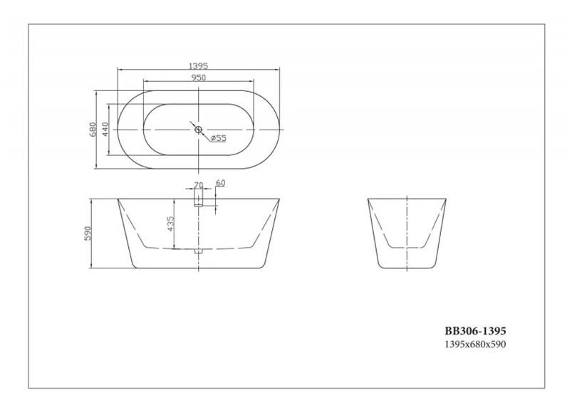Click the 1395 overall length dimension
(199, 65)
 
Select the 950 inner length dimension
(199, 78)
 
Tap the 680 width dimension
(93, 130)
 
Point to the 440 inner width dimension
(105, 130)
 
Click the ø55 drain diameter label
(218, 139)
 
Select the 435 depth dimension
(170, 224)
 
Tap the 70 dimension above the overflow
(198, 184)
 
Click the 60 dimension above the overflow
(220, 183)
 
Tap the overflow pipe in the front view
(199, 203)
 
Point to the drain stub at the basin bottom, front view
(199, 251)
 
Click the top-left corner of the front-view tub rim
(116, 199)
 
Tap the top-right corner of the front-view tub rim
(281, 199)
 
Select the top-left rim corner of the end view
(368, 199)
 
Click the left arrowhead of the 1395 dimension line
(119, 70)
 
